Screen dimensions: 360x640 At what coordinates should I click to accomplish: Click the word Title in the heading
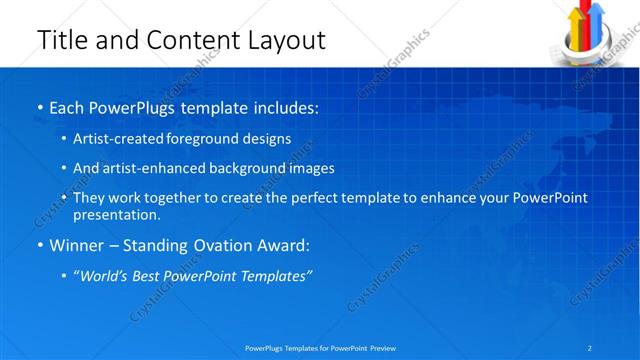click(62, 40)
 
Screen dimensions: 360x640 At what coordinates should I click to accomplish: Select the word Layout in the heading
click(285, 40)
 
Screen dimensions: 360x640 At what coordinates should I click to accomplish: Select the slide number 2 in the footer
click(590, 348)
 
